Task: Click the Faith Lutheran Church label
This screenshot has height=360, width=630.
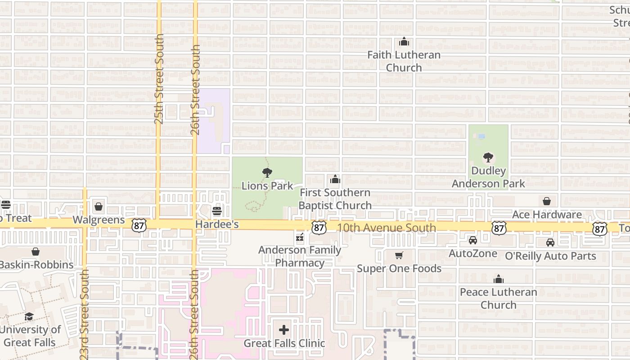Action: [x=404, y=61]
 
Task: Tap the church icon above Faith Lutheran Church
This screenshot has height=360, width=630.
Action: [x=404, y=42]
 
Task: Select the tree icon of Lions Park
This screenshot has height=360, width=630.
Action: [x=267, y=172]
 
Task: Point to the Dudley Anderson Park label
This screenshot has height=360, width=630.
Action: [x=488, y=177]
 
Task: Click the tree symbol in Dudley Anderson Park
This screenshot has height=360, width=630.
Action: [x=488, y=158]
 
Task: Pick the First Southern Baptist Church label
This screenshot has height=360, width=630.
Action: [x=335, y=199]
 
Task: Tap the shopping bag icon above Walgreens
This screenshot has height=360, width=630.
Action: [x=99, y=207]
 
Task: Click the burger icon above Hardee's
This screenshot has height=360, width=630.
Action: [x=217, y=211]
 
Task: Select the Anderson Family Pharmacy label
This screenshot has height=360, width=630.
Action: [x=300, y=256]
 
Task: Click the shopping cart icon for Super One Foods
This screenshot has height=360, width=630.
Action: [x=399, y=256]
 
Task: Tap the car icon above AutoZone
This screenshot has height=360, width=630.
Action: [x=472, y=241]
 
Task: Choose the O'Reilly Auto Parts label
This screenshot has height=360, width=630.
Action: [x=550, y=256]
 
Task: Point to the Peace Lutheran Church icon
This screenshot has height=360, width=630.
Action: [x=498, y=279]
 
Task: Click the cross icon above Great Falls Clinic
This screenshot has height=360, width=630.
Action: [x=284, y=330]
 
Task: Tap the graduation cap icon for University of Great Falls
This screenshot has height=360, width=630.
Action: [x=29, y=316]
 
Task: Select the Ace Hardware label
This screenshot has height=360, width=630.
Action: [x=547, y=215]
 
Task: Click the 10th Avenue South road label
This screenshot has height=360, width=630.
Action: [x=386, y=228]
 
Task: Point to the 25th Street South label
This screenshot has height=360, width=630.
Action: [x=159, y=79]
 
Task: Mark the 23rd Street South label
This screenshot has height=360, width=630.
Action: [x=84, y=314]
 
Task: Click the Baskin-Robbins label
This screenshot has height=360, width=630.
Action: [x=37, y=265]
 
